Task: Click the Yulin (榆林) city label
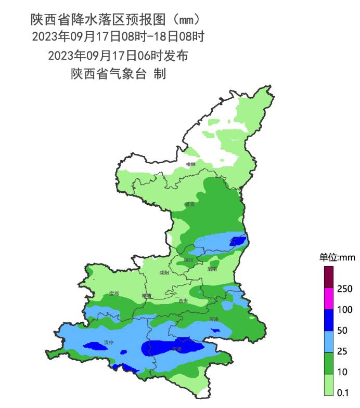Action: (x=191, y=164)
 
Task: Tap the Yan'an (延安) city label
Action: (x=189, y=204)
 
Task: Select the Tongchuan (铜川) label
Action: (x=188, y=259)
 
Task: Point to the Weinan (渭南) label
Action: (x=212, y=269)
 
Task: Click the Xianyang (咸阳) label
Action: (x=164, y=272)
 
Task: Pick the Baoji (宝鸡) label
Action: (x=114, y=294)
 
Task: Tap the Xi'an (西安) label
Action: (x=183, y=301)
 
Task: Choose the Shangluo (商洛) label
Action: (x=214, y=319)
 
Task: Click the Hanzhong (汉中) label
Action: (x=109, y=343)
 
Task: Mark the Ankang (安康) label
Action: (x=177, y=349)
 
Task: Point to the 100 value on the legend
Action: (x=345, y=310)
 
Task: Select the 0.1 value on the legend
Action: (x=343, y=392)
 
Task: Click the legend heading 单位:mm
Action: (x=337, y=257)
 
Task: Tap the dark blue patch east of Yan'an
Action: (x=237, y=241)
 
